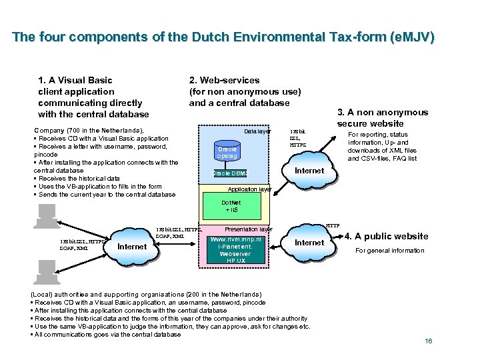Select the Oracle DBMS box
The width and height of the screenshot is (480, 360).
pos(229,173)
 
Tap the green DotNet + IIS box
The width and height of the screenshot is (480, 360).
pos(230,206)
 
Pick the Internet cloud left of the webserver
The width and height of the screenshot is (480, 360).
pos(131,247)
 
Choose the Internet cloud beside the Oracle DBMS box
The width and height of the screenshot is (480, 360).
pos(309,171)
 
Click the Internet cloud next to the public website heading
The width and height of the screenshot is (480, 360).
pos(309,243)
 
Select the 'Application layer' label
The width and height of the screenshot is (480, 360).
pos(249,189)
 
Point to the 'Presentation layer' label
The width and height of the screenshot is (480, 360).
pos(249,229)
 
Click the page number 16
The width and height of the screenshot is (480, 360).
pos(429,341)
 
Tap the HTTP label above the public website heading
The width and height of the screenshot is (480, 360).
pos(333,225)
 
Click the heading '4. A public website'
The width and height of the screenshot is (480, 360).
pos(386,236)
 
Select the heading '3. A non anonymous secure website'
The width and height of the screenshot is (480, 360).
pos(382,117)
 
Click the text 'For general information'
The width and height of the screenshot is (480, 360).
pos(389,251)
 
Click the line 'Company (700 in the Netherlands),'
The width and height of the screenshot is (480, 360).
pos(89,131)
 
